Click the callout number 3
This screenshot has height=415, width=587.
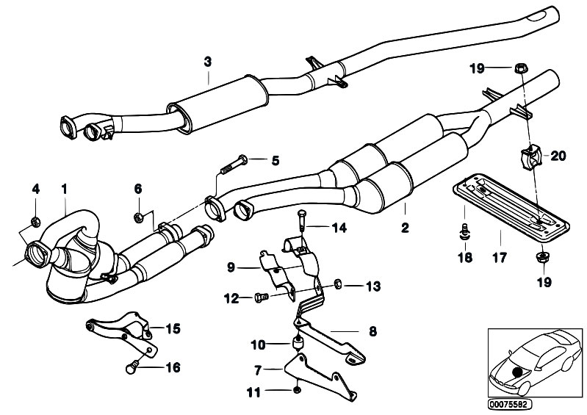[207, 61]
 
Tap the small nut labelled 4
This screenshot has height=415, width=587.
[35, 221]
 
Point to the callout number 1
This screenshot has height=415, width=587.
[65, 189]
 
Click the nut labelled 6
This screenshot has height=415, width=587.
[137, 216]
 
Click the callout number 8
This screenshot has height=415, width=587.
[372, 331]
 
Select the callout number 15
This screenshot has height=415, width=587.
[174, 329]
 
